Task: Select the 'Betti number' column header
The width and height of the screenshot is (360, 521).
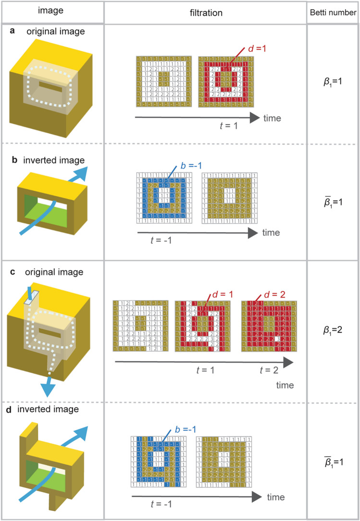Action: (333, 13)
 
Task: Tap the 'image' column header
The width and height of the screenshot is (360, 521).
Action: (52, 13)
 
